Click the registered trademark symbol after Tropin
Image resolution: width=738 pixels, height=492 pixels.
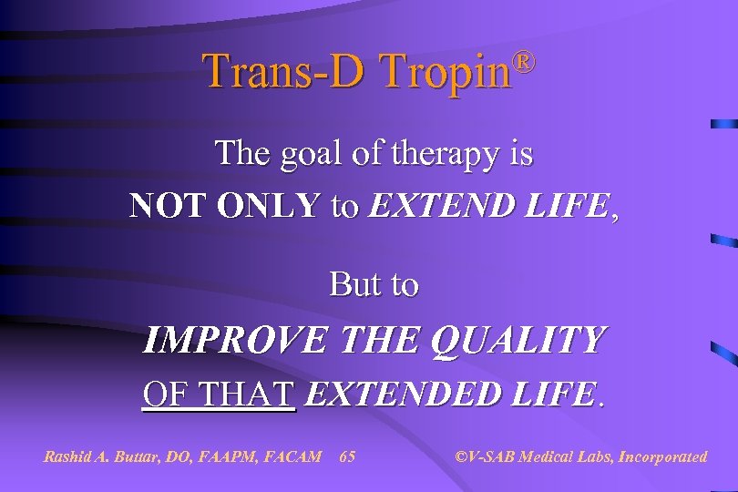coord(522,61)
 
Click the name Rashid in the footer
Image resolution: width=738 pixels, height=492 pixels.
coord(68,456)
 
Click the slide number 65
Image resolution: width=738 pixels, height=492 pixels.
coord(347,456)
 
